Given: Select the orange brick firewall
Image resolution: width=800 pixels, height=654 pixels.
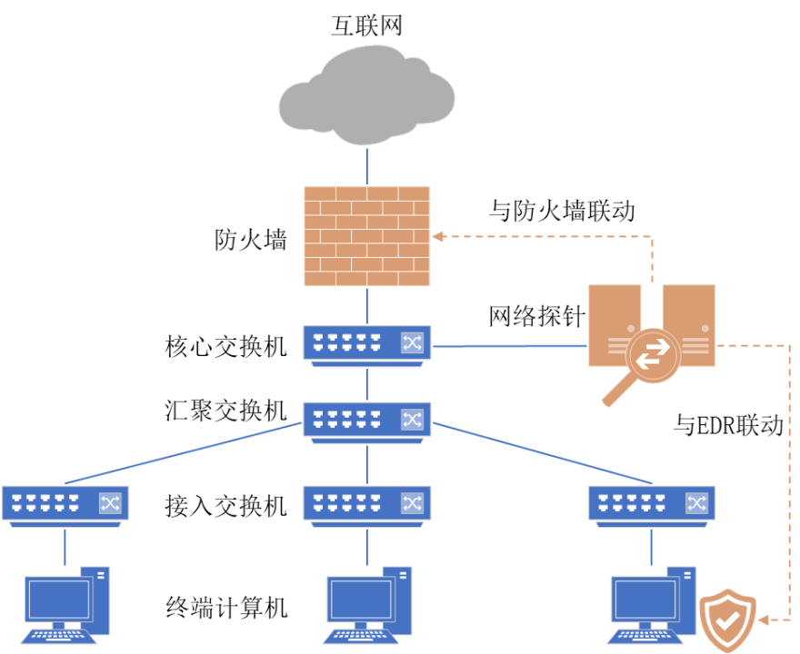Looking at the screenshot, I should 366,236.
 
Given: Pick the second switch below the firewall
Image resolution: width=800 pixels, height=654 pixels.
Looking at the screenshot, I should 366,421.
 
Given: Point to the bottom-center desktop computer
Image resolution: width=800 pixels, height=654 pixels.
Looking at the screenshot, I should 367,604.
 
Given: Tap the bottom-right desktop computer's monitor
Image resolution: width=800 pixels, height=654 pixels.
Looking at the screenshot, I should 645,599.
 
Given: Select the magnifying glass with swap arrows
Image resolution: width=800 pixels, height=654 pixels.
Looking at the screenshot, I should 650,355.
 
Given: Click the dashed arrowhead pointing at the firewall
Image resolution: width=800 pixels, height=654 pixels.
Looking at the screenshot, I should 437,236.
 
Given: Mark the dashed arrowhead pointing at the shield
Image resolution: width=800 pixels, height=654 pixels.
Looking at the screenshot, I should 762,619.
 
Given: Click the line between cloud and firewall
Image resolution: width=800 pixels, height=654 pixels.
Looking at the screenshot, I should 366,165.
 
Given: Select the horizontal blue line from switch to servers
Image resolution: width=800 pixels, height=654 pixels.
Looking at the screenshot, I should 509,345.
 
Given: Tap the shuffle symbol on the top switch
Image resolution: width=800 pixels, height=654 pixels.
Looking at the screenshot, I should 412,342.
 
